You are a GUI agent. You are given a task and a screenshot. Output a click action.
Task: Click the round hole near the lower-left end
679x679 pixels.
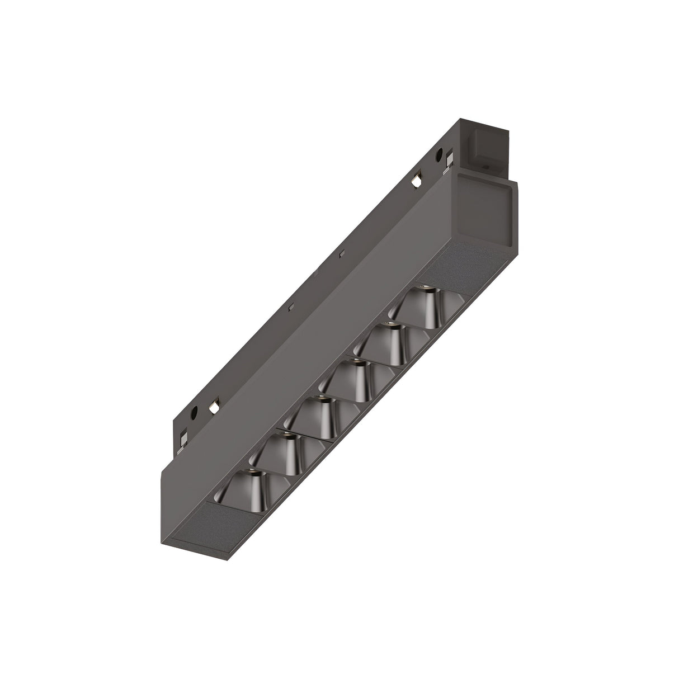(194, 414)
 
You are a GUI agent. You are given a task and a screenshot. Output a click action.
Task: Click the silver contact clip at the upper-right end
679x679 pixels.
(449, 162)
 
